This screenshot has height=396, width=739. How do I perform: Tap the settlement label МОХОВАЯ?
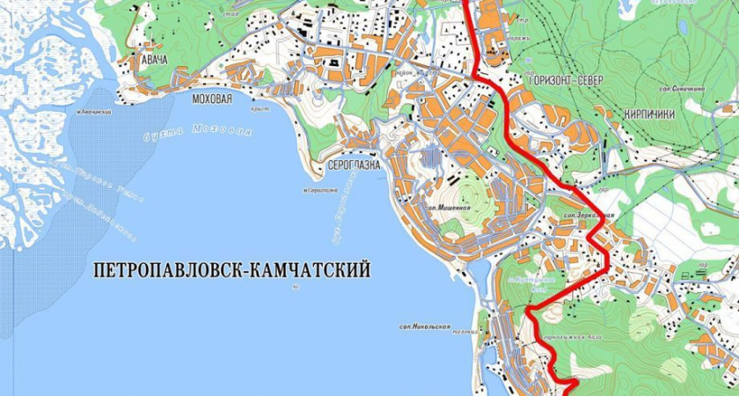pos(211,99)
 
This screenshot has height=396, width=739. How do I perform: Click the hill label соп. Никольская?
pos(424,327)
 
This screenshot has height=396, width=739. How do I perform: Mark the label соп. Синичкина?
pos(680,89)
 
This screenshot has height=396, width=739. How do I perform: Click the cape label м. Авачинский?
pos(94,114)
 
